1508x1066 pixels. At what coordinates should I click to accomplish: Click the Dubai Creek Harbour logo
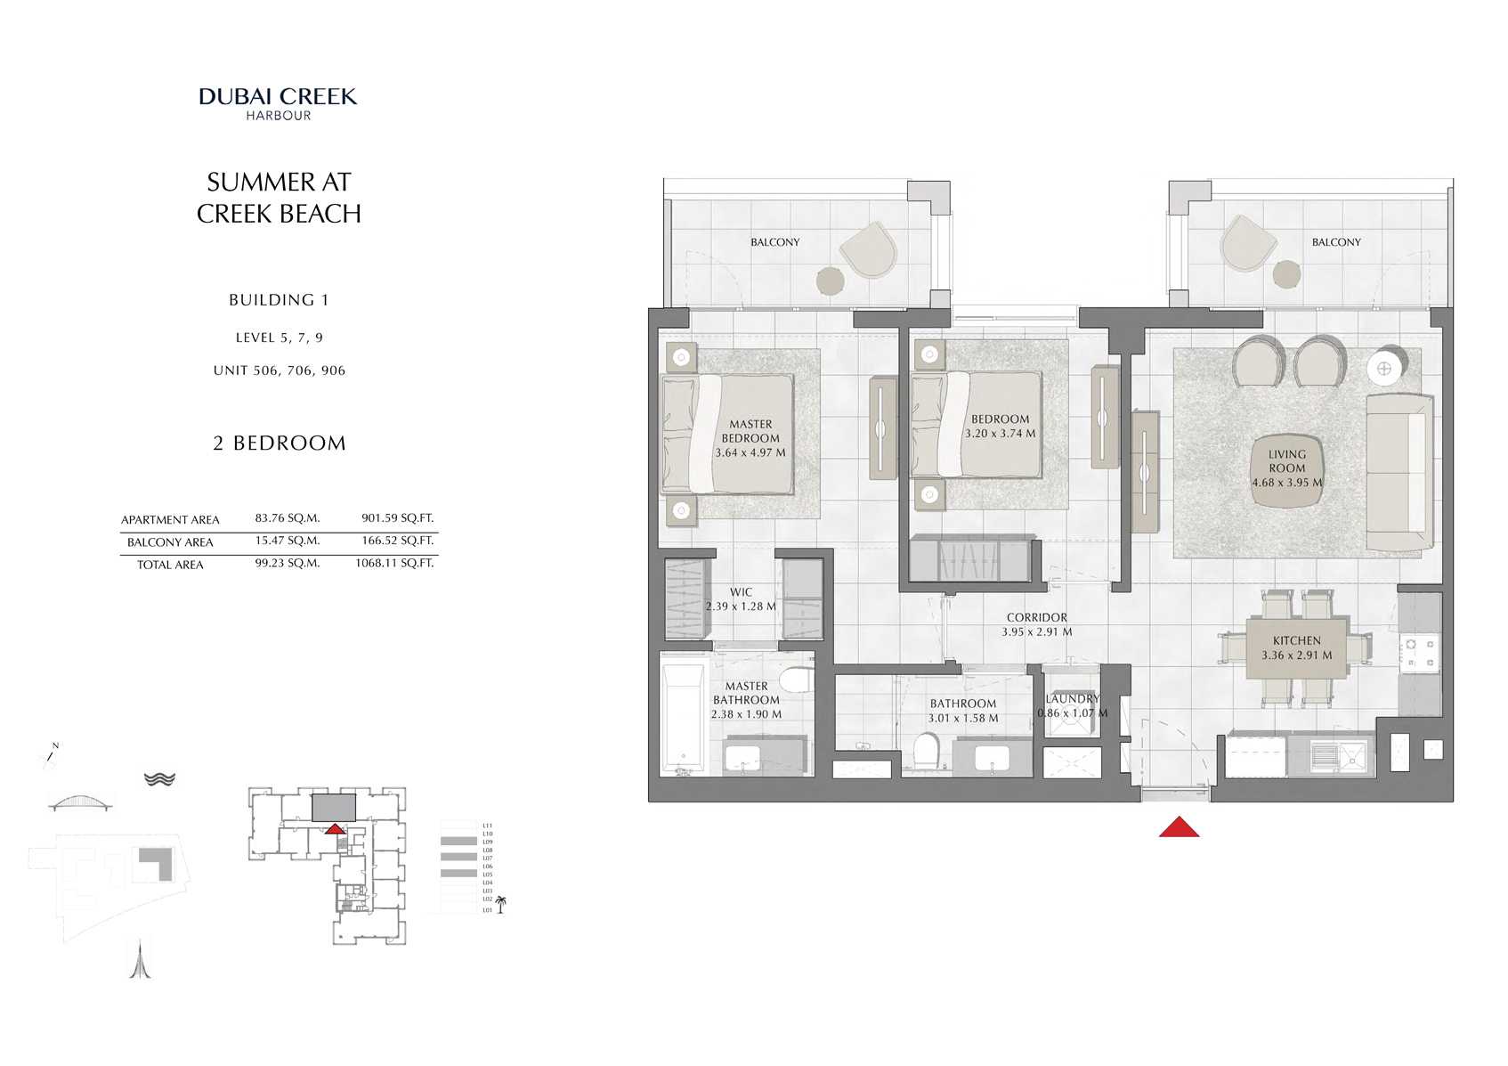(278, 102)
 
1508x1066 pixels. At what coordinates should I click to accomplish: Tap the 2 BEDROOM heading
(279, 443)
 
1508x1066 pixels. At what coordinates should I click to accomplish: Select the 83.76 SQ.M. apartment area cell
(287, 518)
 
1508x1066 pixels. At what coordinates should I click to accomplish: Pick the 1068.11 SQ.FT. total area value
(394, 564)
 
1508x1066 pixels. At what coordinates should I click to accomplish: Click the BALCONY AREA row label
(170, 542)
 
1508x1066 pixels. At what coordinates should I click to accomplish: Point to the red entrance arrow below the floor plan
(1179, 827)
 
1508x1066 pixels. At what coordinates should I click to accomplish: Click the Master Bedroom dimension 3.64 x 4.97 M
(750, 452)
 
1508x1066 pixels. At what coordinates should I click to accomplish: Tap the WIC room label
(741, 592)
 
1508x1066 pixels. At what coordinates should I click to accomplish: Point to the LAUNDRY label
(1073, 699)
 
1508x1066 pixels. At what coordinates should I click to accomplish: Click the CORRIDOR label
(1036, 617)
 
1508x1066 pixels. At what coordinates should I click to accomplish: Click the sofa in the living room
(1399, 474)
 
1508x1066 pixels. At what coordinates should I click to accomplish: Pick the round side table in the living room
(1384, 368)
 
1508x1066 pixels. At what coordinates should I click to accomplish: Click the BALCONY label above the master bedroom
(774, 242)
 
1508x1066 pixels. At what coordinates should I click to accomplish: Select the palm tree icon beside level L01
(501, 906)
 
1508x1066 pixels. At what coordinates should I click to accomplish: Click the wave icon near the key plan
(160, 779)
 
